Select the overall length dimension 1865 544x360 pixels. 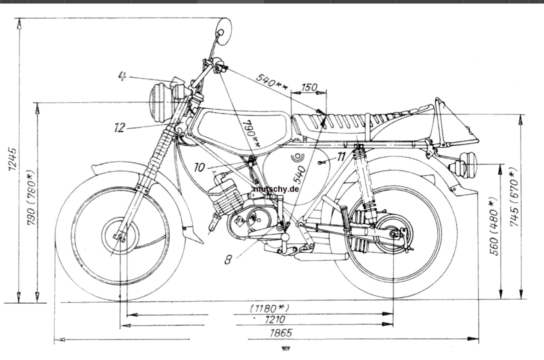click(x=281, y=333)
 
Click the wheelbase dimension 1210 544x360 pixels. click(x=275, y=320)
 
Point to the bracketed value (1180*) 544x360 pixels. click(x=269, y=308)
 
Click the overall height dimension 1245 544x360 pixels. click(x=13, y=159)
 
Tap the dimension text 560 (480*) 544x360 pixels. click(x=494, y=226)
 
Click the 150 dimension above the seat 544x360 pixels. click(x=309, y=87)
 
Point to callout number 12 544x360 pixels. click(x=119, y=128)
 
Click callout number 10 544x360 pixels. click(x=199, y=167)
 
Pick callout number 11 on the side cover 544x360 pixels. click(x=341, y=157)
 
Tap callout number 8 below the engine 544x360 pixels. click(x=228, y=259)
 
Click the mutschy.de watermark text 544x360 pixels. click(x=276, y=189)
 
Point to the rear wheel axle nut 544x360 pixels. click(x=393, y=234)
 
